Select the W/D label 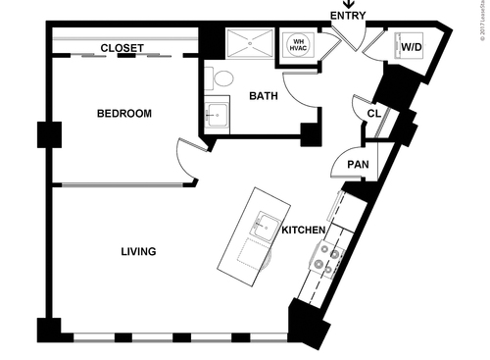coord(412,46)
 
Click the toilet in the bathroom coord(221,78)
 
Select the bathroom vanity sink coord(216,115)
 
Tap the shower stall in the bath coord(250,45)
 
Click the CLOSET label coord(122,48)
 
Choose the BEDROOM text coord(124,115)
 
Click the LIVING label coord(138,252)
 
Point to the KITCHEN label coord(303,231)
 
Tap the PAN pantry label coord(357,164)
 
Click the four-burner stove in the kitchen coord(325,258)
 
